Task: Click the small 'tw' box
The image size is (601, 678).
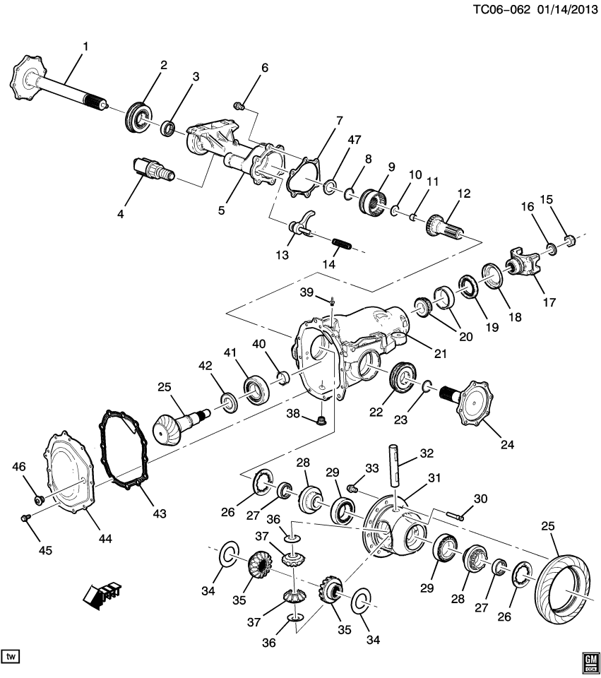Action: pos(11,657)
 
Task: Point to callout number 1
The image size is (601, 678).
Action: pos(85,47)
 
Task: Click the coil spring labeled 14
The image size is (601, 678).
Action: pos(342,245)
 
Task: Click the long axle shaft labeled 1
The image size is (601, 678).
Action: pos(64,90)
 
